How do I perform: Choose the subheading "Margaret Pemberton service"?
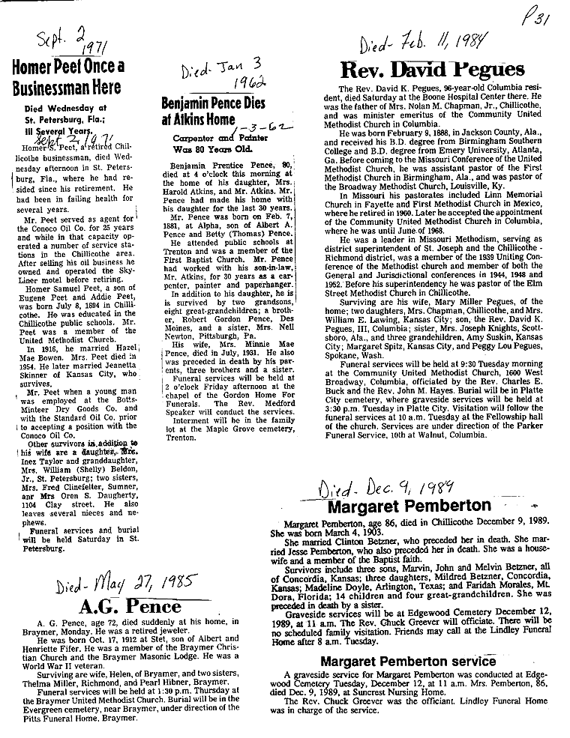tap(408, 662)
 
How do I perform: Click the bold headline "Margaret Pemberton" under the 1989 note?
tap(409, 506)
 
